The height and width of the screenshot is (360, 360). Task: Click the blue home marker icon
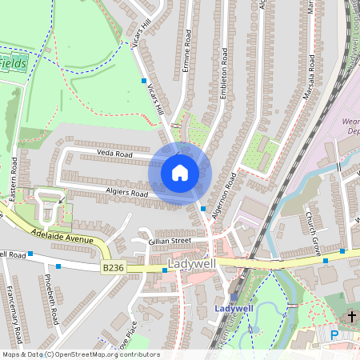point(180,173)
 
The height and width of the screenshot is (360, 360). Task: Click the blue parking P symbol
point(334,335)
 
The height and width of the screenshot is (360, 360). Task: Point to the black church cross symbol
point(350,317)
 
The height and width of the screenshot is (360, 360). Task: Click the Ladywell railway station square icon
point(234,296)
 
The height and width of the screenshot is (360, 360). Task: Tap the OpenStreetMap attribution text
point(81,354)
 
